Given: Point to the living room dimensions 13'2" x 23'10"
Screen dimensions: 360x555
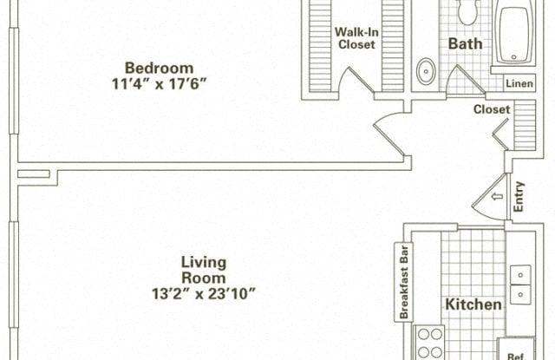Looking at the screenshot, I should tap(204, 293).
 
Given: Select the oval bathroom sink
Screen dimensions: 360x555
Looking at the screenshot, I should tap(427, 70).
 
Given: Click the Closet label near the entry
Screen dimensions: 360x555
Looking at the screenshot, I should tap(491, 109).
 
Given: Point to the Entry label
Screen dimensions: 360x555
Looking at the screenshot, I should tap(519, 197).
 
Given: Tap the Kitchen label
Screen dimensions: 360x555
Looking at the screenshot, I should tap(473, 304).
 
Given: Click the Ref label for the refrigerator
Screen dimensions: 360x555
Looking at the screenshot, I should tap(515, 355).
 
